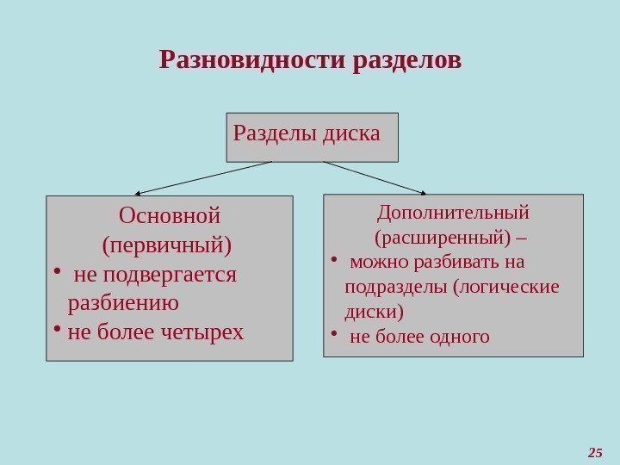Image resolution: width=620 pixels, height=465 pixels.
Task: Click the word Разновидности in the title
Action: pos(253,61)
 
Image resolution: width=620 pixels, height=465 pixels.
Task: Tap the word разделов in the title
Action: pos(407,61)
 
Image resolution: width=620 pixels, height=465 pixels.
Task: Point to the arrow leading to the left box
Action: pos(203,178)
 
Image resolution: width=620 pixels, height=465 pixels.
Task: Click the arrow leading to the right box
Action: pos(375,177)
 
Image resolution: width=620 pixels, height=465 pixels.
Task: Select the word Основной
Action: pos(170,214)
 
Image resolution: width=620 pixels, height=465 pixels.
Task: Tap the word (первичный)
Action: pos(167,245)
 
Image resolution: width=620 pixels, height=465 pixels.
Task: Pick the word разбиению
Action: pos(123,303)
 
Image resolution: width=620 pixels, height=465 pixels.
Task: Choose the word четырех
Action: pos(202,332)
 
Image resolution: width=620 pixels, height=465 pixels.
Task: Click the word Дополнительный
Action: pos(453,211)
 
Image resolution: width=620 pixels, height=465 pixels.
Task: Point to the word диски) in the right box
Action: pos(374,311)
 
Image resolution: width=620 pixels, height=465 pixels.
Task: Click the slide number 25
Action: pos(594,452)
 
